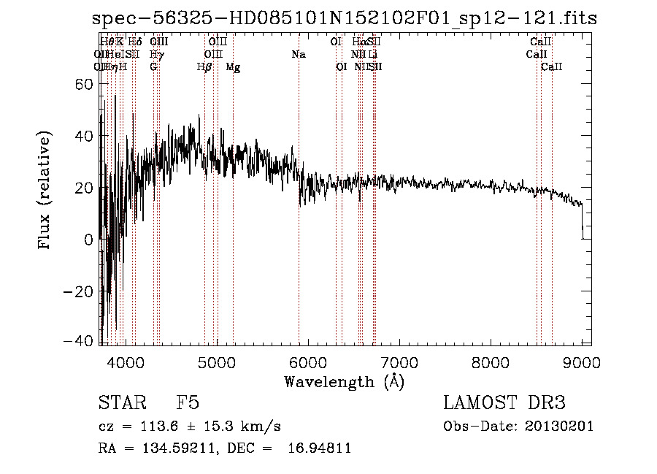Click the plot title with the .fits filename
click(345, 19)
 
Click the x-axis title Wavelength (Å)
click(344, 381)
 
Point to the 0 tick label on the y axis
click(88, 239)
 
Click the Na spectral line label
click(298, 55)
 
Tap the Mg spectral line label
click(233, 67)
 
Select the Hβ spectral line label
click(204, 67)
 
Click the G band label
click(153, 67)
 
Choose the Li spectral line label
click(373, 55)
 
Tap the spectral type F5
click(188, 403)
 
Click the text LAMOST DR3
click(504, 403)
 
